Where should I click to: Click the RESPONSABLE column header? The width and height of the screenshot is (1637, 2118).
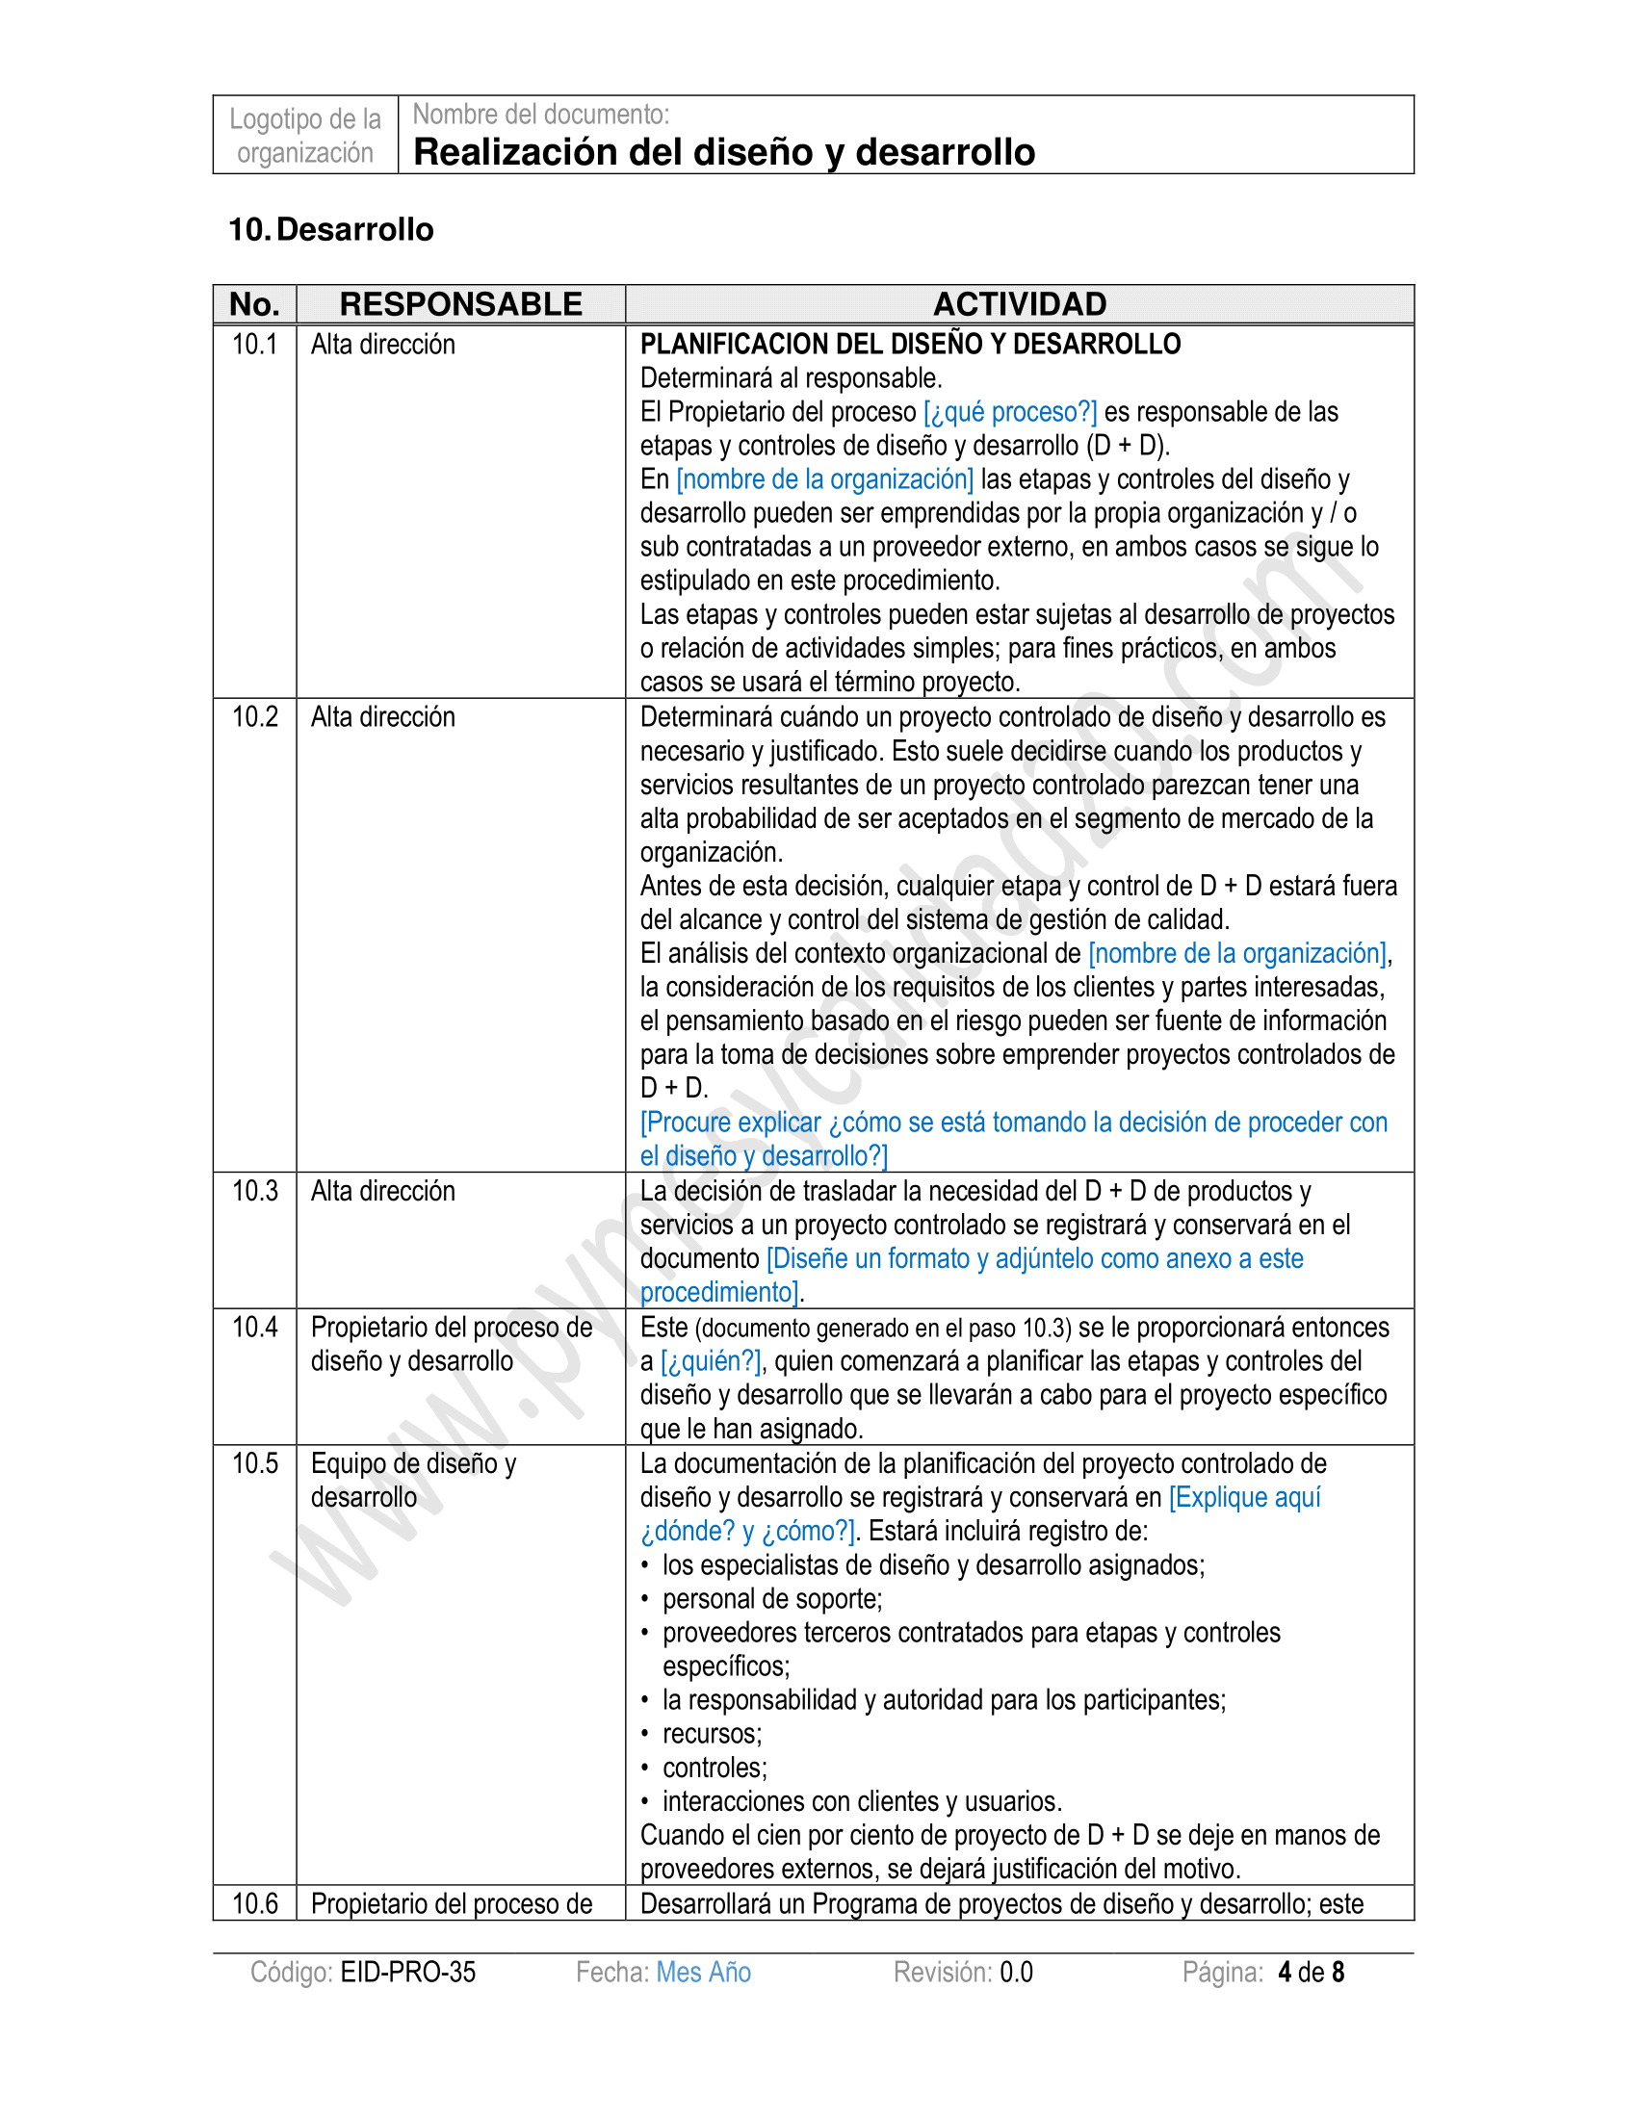pos(460,304)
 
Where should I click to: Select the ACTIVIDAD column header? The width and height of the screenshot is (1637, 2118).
pos(1019,304)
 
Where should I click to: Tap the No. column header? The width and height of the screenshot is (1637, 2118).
pos(255,304)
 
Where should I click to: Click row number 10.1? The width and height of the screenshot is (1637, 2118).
pos(255,345)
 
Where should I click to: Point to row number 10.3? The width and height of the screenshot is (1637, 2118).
pos(255,1191)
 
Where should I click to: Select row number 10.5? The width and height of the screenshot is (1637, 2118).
pos(255,1463)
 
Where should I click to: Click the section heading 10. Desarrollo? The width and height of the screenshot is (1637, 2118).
pos(330,230)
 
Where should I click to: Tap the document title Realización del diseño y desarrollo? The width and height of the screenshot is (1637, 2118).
pos(723,152)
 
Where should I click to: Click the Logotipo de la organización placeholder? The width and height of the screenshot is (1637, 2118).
pos(305,136)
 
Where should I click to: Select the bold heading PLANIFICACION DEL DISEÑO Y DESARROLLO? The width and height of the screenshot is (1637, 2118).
pos(910,345)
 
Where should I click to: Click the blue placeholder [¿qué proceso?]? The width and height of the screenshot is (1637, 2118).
pos(1009,412)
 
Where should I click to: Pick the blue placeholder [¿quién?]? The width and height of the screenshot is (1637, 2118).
pos(711,1361)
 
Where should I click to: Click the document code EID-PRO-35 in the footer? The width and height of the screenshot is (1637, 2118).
pos(408,1972)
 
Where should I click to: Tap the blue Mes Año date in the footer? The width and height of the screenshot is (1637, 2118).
pos(703,1972)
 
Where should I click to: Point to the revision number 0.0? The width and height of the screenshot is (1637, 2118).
pos(1016,1972)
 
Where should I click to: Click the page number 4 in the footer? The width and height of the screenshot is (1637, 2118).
pos(1285,1972)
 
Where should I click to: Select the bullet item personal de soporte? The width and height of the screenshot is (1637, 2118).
pos(772,1599)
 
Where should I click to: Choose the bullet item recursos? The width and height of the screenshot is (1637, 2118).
pos(712,1734)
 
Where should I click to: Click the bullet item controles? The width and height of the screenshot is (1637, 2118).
pos(715,1768)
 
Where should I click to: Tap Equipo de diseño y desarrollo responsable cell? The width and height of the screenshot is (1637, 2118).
pos(413,1480)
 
